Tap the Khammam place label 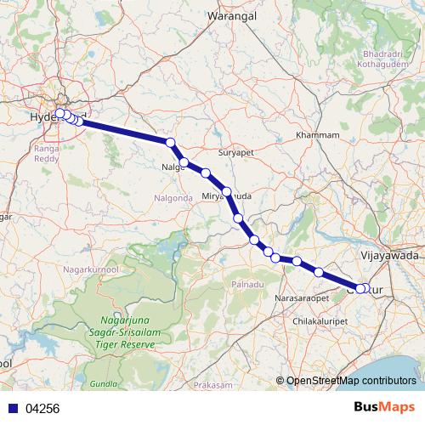click(x=316, y=136)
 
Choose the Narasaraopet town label click(x=303, y=299)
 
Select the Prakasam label click(x=212, y=385)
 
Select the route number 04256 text click(x=42, y=408)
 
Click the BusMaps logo click(x=389, y=407)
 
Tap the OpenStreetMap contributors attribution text click(x=350, y=381)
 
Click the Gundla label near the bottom click(x=103, y=383)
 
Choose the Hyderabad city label click(x=42, y=117)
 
